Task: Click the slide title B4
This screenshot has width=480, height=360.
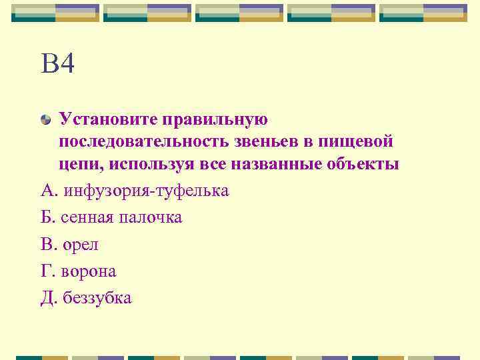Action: [57, 65]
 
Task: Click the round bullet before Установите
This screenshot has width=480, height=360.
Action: [45, 120]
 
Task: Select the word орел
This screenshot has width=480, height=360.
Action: [81, 245]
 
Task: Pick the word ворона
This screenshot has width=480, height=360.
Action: [88, 271]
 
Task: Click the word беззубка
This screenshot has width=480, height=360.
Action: [97, 298]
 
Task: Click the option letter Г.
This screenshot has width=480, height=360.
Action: [46, 271]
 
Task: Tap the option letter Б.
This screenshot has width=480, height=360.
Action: [47, 218]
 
